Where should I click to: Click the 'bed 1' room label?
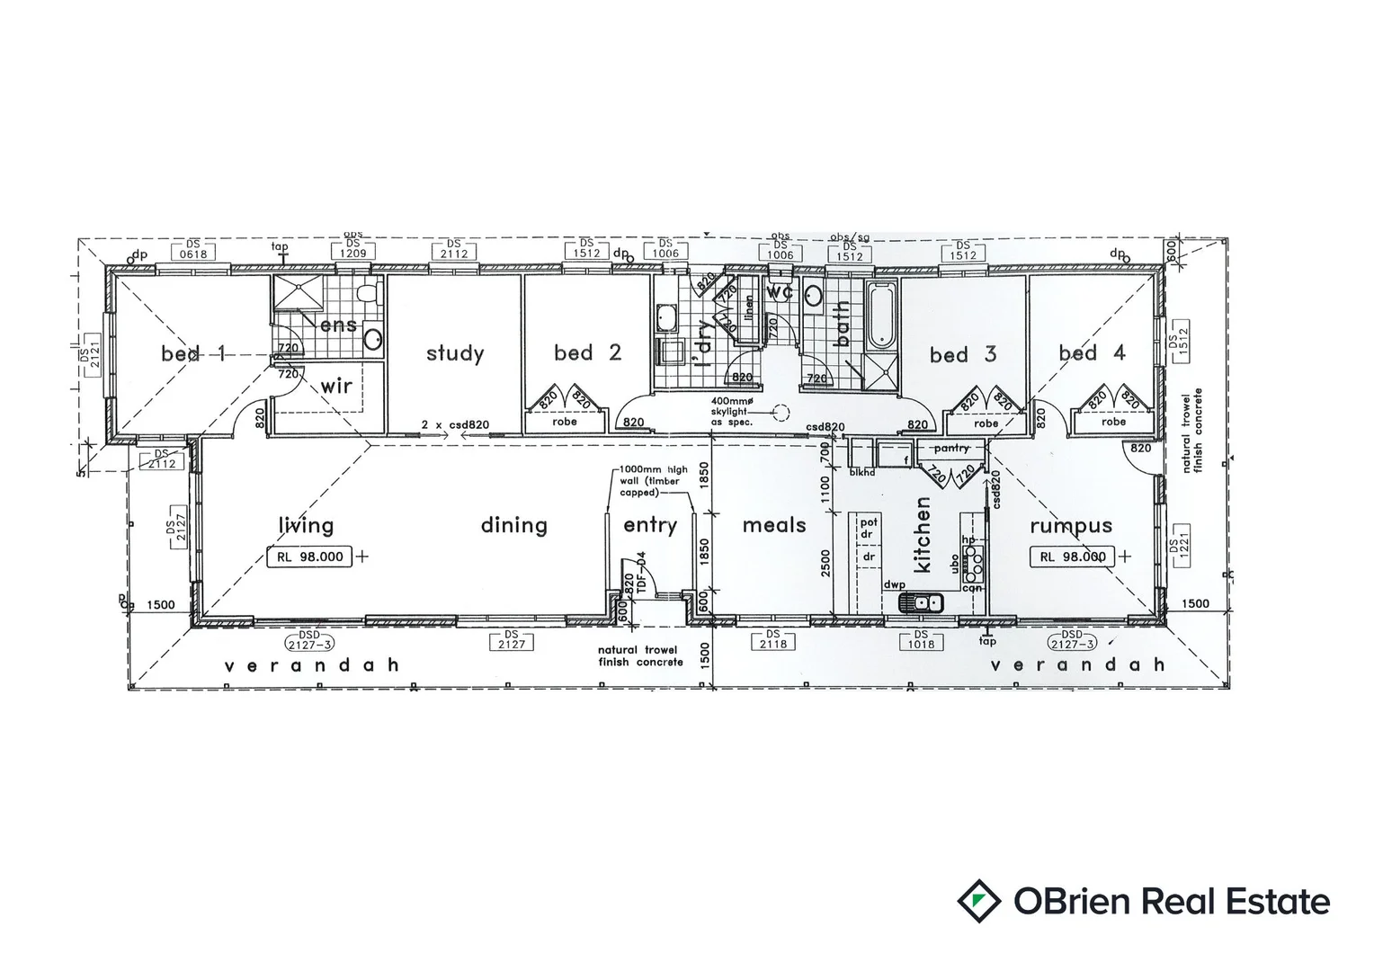(x=193, y=353)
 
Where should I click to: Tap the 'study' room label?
(x=455, y=353)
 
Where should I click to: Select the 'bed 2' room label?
(x=587, y=352)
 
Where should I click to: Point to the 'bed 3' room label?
(x=963, y=355)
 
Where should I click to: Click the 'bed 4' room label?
(x=1092, y=352)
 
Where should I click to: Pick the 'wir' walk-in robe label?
(x=336, y=387)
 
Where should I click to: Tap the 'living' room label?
(x=306, y=526)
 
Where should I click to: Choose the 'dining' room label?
(x=513, y=525)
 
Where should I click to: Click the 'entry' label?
(x=650, y=526)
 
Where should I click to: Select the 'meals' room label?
(x=774, y=525)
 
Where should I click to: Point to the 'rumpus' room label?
(x=1071, y=526)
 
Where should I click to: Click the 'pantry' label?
(x=950, y=448)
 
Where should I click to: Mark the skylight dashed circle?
(x=781, y=414)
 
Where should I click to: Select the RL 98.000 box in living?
(x=310, y=557)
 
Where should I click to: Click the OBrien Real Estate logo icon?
(x=979, y=902)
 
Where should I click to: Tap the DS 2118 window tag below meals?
(x=772, y=642)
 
